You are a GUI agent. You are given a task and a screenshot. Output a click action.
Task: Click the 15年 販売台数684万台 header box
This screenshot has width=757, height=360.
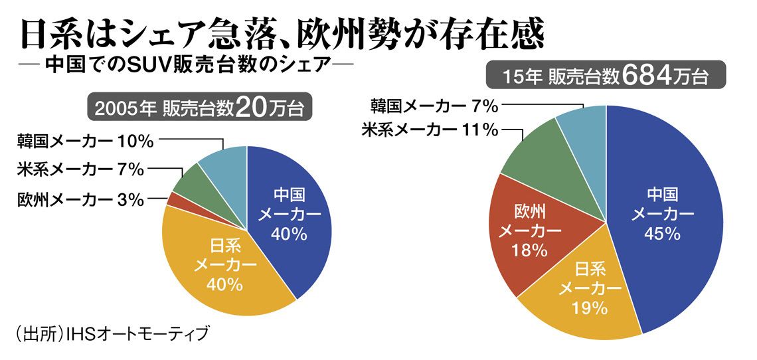(x=605, y=76)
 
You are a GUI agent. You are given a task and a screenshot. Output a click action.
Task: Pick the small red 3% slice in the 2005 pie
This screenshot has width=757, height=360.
(x=172, y=198)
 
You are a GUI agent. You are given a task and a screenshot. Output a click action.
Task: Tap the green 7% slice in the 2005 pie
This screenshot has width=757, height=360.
(x=185, y=179)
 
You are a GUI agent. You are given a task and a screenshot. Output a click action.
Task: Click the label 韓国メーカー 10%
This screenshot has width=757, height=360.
(x=86, y=141)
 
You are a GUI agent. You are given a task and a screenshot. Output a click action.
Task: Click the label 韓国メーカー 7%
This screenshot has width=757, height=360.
(x=435, y=105)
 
